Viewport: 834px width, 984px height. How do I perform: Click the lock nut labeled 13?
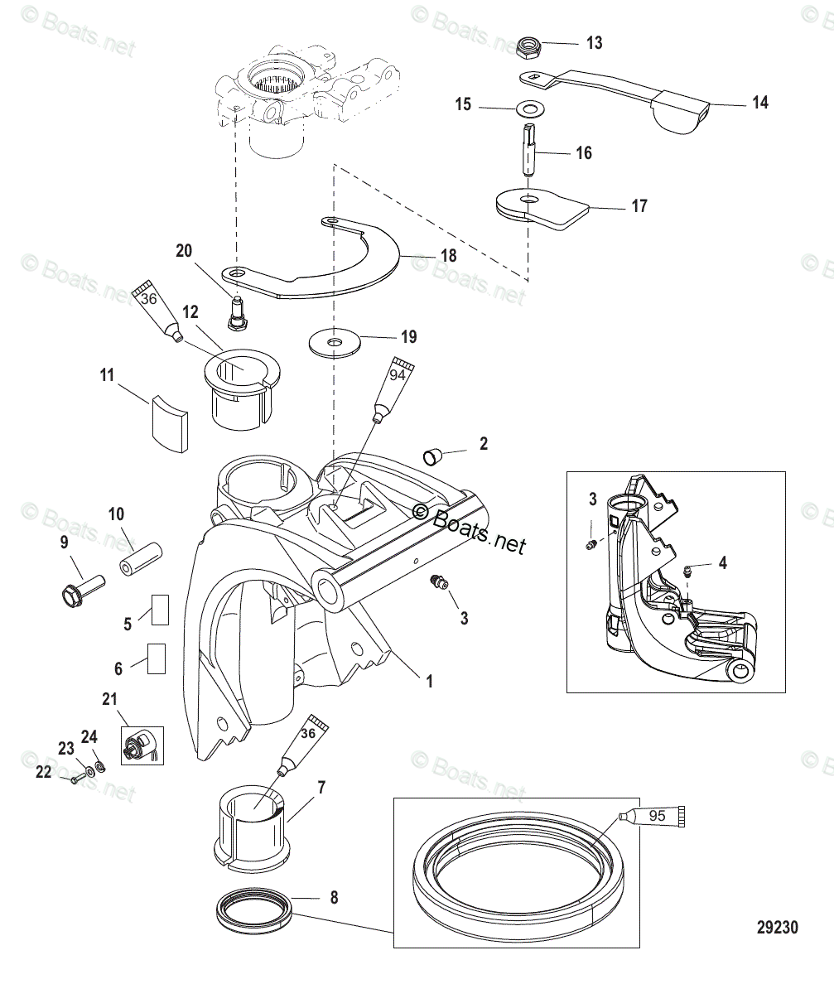coord(528,48)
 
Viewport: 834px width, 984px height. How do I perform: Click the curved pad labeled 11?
coord(169,423)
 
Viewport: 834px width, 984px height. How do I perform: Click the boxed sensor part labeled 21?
coord(142,745)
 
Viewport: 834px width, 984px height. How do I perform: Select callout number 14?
coord(759,103)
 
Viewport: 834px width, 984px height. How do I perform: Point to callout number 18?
coord(448,256)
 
